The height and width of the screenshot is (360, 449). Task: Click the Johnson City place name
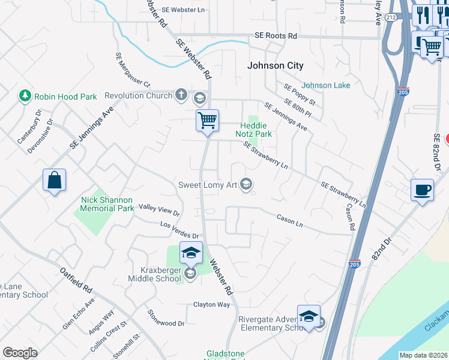(x=276, y=65)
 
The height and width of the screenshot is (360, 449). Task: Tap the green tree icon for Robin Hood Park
(x=25, y=96)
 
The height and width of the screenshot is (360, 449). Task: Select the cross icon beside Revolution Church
(x=181, y=95)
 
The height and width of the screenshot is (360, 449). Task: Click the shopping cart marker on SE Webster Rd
(x=207, y=120)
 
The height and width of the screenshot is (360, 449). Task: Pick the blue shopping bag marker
(x=54, y=180)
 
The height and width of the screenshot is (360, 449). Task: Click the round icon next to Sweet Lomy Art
(x=246, y=185)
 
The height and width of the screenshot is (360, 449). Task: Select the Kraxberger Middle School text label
(x=154, y=274)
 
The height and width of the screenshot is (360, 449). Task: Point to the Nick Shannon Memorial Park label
(x=107, y=204)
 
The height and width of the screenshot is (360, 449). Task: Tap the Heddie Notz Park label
(x=256, y=130)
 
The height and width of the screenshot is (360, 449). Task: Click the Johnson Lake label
(x=326, y=85)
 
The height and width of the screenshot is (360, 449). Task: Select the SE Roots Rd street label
(x=276, y=36)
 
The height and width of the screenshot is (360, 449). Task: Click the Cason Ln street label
(x=289, y=220)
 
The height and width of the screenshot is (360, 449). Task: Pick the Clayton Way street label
(x=211, y=304)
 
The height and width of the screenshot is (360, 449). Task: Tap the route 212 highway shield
(x=391, y=17)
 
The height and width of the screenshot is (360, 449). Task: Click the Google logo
(x=20, y=353)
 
